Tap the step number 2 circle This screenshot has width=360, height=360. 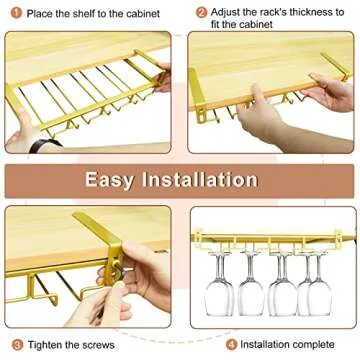(202, 13)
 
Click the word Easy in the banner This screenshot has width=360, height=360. (117, 180)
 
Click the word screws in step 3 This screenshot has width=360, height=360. (110, 344)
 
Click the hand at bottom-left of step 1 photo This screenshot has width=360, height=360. (25, 135)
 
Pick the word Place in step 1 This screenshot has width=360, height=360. (37, 14)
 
